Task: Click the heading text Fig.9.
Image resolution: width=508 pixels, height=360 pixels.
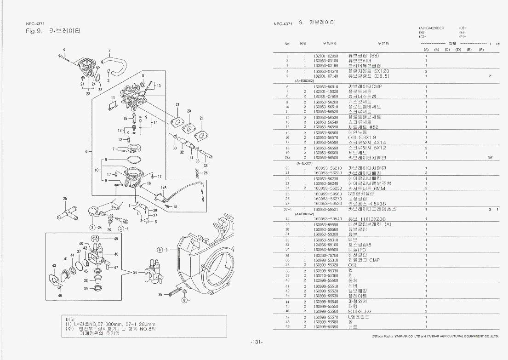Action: [34, 32]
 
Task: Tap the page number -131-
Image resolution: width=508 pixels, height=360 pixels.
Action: [257, 342]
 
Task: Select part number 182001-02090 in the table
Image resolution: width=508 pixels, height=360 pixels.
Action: [326, 56]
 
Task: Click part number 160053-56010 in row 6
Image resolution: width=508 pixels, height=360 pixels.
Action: [326, 86]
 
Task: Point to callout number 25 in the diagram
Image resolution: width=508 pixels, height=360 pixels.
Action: [65, 199]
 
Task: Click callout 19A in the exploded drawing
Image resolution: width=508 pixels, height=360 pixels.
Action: [163, 188]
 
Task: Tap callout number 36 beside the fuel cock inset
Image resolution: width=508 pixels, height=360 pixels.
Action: [135, 272]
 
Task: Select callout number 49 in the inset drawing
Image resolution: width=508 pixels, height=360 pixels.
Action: [115, 239]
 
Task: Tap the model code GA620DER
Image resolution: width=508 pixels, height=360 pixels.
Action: [435, 28]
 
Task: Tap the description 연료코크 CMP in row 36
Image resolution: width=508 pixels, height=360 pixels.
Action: [367, 260]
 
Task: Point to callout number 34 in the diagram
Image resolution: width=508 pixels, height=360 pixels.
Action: [205, 165]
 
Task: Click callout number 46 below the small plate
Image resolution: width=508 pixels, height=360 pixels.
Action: [60, 296]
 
